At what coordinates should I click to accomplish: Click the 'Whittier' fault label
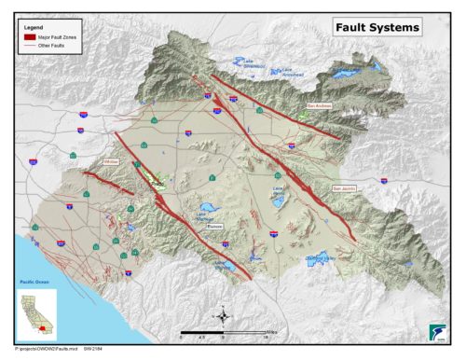(x=113, y=161)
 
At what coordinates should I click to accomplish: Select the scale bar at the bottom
(x=224, y=332)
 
